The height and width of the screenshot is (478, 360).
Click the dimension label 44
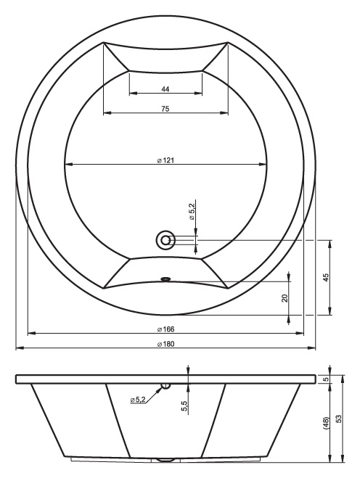coord(165,89)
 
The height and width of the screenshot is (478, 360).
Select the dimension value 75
coord(165,109)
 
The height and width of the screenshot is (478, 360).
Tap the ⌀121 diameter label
coord(166,160)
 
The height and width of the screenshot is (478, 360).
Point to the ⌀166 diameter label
coord(166,329)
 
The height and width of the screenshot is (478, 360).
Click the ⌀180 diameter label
coord(166,344)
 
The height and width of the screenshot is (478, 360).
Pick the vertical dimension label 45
coord(326,277)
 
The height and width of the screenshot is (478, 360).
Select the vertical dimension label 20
coord(285,298)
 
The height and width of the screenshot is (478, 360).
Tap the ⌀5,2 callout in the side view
coord(138,400)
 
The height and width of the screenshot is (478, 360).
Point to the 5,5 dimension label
coord(184,406)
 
